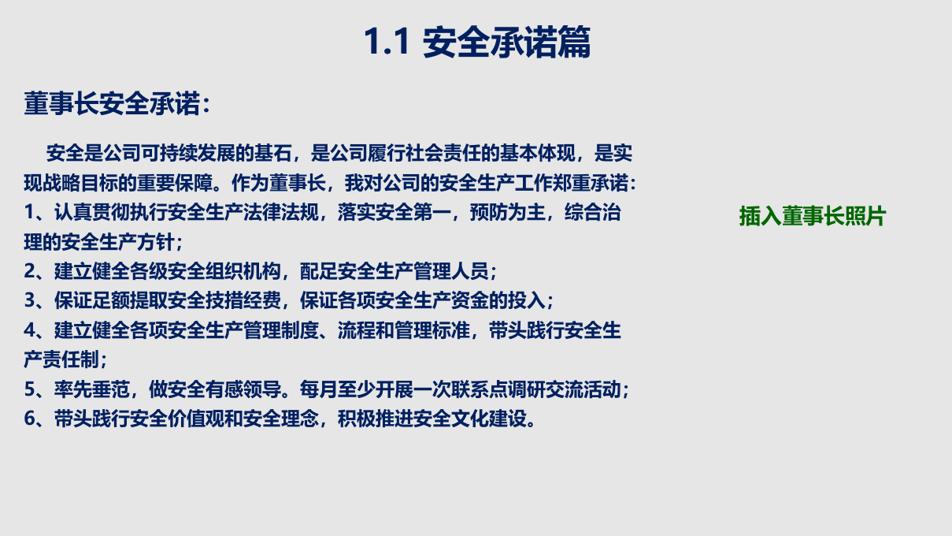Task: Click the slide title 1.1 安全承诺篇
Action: [476, 43]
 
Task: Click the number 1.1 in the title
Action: [387, 43]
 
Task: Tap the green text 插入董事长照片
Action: [812, 216]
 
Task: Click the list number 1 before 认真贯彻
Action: [30, 213]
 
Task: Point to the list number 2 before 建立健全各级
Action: [30, 272]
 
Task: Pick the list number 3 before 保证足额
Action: [30, 301]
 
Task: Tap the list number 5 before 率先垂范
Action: [30, 389]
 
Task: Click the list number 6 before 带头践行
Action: [30, 419]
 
